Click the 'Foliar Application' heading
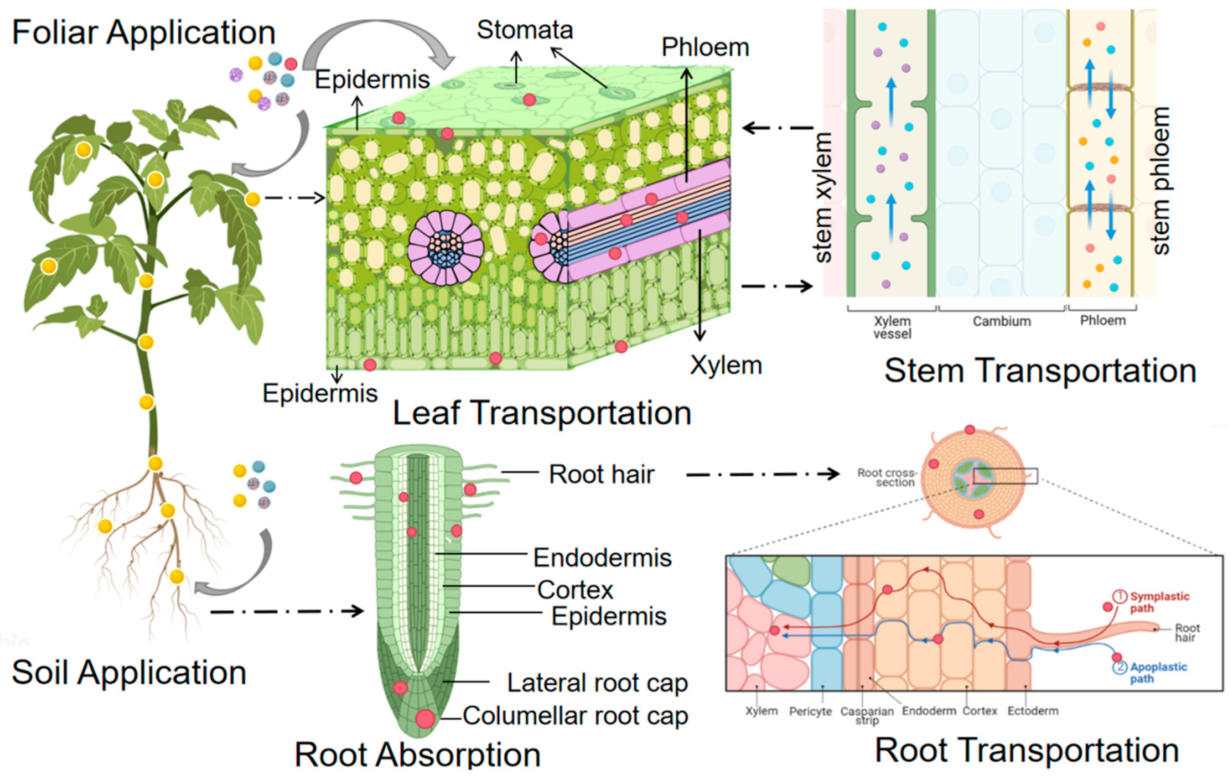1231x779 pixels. tap(143, 33)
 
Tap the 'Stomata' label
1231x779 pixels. tap(525, 30)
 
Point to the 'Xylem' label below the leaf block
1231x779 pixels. tap(725, 365)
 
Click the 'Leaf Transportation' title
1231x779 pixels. tap(542, 413)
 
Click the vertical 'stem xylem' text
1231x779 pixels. tap(823, 197)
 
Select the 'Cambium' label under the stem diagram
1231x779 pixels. tap(1001, 321)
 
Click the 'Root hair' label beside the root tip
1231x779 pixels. tap(601, 474)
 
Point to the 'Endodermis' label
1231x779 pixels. tap(602, 558)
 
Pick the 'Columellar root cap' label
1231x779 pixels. tap(575, 716)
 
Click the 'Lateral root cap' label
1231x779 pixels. tap(597, 683)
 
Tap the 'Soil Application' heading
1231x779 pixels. tap(129, 672)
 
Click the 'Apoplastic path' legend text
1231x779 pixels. tap(1158, 673)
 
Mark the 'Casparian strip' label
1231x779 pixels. tap(867, 715)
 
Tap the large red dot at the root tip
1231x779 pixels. tap(425, 718)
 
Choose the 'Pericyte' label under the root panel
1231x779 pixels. tap(810, 711)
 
